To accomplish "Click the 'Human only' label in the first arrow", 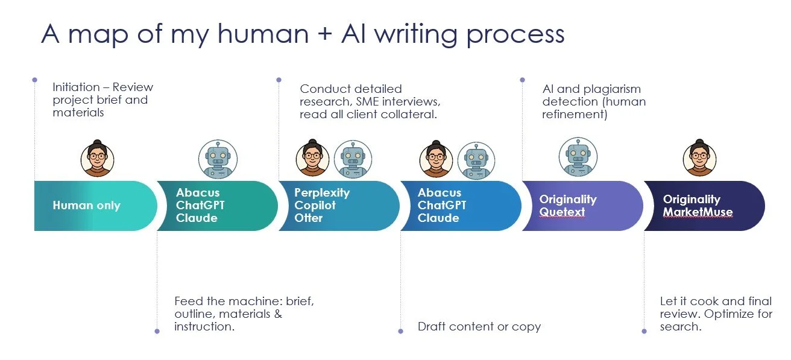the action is [87, 205].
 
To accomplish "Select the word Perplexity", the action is [322, 193].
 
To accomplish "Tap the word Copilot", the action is [315, 205].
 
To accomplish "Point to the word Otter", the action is [308, 218].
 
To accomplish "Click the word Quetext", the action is [562, 212].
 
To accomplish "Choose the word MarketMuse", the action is [698, 212].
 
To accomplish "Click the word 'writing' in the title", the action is [416, 34].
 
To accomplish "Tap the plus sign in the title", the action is [325, 34].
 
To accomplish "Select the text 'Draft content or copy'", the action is [479, 326].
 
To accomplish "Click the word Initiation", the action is [77, 87].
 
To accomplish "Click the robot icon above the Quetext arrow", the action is [578, 157].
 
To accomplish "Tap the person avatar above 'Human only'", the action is [97, 158].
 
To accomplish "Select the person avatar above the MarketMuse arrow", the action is [699, 157].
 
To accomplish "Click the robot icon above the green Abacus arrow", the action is [218, 159].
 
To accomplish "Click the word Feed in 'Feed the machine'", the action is [189, 301].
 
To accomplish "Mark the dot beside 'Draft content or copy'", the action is [400, 331].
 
